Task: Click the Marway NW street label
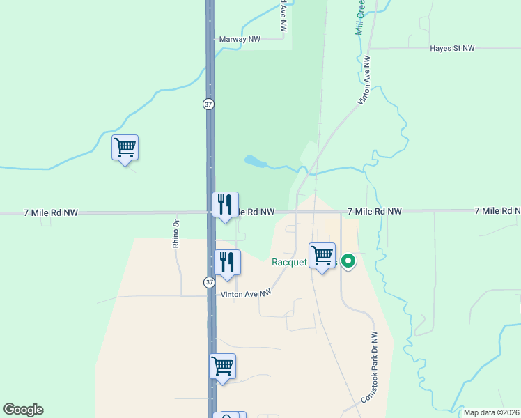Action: (240, 40)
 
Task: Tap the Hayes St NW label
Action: (452, 49)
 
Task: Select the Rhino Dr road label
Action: (176, 234)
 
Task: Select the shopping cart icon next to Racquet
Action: (322, 256)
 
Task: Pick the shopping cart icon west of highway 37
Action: (125, 148)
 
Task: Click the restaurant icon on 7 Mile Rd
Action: (225, 205)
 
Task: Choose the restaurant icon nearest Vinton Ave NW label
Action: (227, 263)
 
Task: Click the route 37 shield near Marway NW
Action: (208, 104)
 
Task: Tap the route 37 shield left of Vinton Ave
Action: (208, 282)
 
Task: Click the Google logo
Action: (23, 410)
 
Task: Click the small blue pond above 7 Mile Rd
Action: (255, 162)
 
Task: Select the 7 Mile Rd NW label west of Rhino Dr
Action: (50, 211)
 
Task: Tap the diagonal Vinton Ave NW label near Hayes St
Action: (364, 81)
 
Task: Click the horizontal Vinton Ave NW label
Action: (245, 295)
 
